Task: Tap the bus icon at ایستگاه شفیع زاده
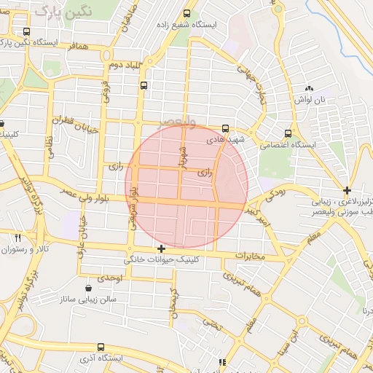[186, 13]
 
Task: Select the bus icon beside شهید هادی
[225, 128]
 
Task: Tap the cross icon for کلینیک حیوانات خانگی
[161, 249]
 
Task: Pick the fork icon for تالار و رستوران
[17, 237]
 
